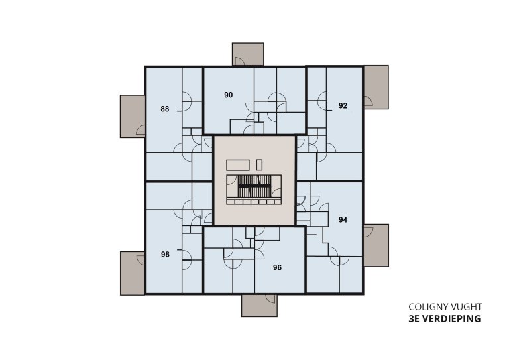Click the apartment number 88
(164, 109)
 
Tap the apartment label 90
(229, 95)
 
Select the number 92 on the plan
(343, 105)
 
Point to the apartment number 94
(343, 219)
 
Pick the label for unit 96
(278, 268)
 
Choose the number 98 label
(165, 254)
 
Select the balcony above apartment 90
(248, 54)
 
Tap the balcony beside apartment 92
(375, 87)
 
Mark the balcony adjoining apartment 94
(375, 245)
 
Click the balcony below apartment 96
(259, 306)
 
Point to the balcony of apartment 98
(133, 273)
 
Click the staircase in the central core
(254, 186)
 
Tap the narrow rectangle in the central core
(260, 164)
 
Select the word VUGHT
(468, 308)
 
